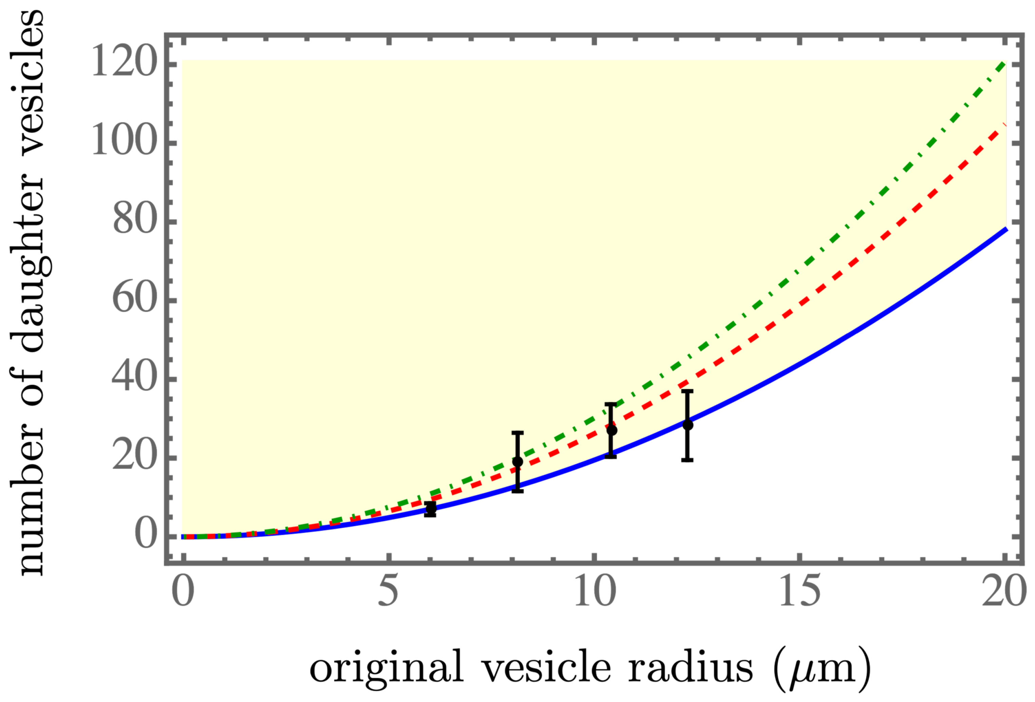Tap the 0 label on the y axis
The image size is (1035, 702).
146,536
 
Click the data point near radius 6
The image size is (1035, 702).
430,508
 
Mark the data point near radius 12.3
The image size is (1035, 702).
688,425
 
